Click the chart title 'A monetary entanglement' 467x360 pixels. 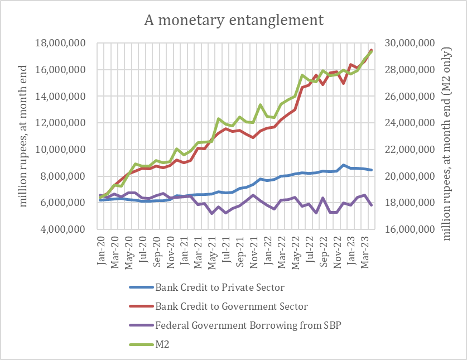tap(234, 21)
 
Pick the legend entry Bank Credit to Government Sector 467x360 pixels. tap(231, 306)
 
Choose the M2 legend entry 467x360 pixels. tap(162, 345)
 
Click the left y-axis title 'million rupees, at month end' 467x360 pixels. tap(23, 136)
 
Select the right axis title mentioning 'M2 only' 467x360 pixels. tap(447, 136)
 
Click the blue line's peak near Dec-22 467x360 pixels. tap(344, 165)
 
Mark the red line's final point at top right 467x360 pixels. tap(372, 50)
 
